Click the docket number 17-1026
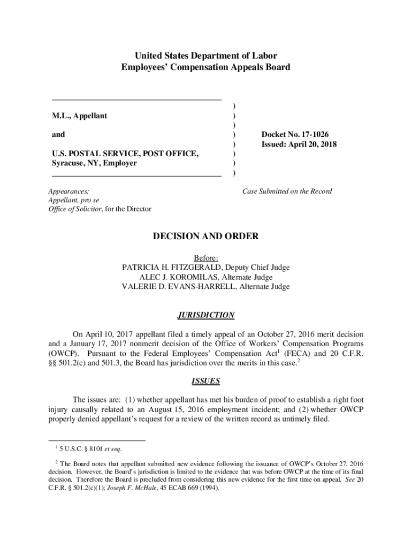click(x=318, y=135)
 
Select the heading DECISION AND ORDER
click(x=206, y=236)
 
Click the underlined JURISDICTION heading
click(x=206, y=315)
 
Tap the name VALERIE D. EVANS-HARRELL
click(x=179, y=287)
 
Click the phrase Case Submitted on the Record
click(x=287, y=191)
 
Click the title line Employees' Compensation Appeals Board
click(x=206, y=67)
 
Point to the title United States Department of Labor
click(x=206, y=56)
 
